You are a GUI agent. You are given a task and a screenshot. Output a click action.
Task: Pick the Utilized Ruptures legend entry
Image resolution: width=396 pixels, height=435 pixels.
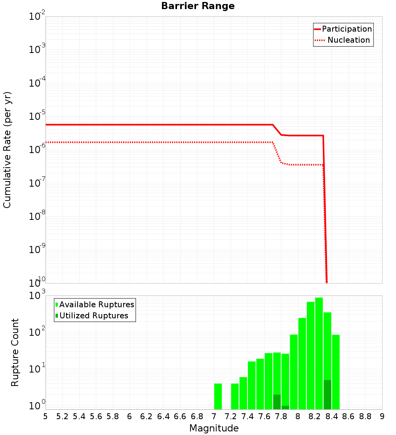coord(93,316)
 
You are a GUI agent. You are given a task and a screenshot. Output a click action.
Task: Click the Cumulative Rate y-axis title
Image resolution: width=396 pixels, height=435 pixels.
coord(7,150)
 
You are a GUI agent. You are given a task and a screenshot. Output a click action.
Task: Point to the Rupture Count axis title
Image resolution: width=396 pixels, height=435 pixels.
coord(15,352)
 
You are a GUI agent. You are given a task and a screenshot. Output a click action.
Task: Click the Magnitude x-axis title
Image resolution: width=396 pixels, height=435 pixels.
coord(214,428)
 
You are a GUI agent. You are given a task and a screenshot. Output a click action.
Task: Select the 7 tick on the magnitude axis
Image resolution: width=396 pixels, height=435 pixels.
coord(214,416)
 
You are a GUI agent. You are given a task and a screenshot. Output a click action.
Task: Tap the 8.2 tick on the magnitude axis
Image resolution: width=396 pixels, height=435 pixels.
coord(315,416)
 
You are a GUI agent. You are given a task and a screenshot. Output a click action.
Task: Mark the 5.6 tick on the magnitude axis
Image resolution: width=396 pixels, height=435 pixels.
coord(96,416)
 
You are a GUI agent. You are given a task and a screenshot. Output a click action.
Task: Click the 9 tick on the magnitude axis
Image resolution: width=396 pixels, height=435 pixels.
coord(382,416)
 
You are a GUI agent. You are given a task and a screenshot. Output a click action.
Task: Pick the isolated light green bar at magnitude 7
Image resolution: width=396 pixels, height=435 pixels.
coord(218,396)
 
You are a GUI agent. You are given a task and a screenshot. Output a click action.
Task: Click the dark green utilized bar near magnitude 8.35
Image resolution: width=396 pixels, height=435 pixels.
coord(327,394)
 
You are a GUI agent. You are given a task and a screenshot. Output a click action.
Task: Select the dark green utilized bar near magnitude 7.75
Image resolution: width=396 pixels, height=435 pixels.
coord(277,402)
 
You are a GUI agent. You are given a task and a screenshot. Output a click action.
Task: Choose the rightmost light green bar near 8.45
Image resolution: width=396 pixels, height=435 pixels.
coord(336,372)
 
